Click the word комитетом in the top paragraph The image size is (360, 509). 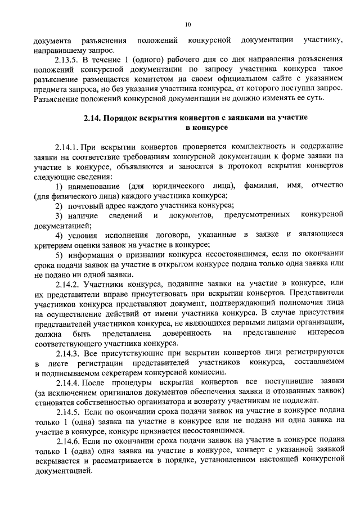coord(160,79)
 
